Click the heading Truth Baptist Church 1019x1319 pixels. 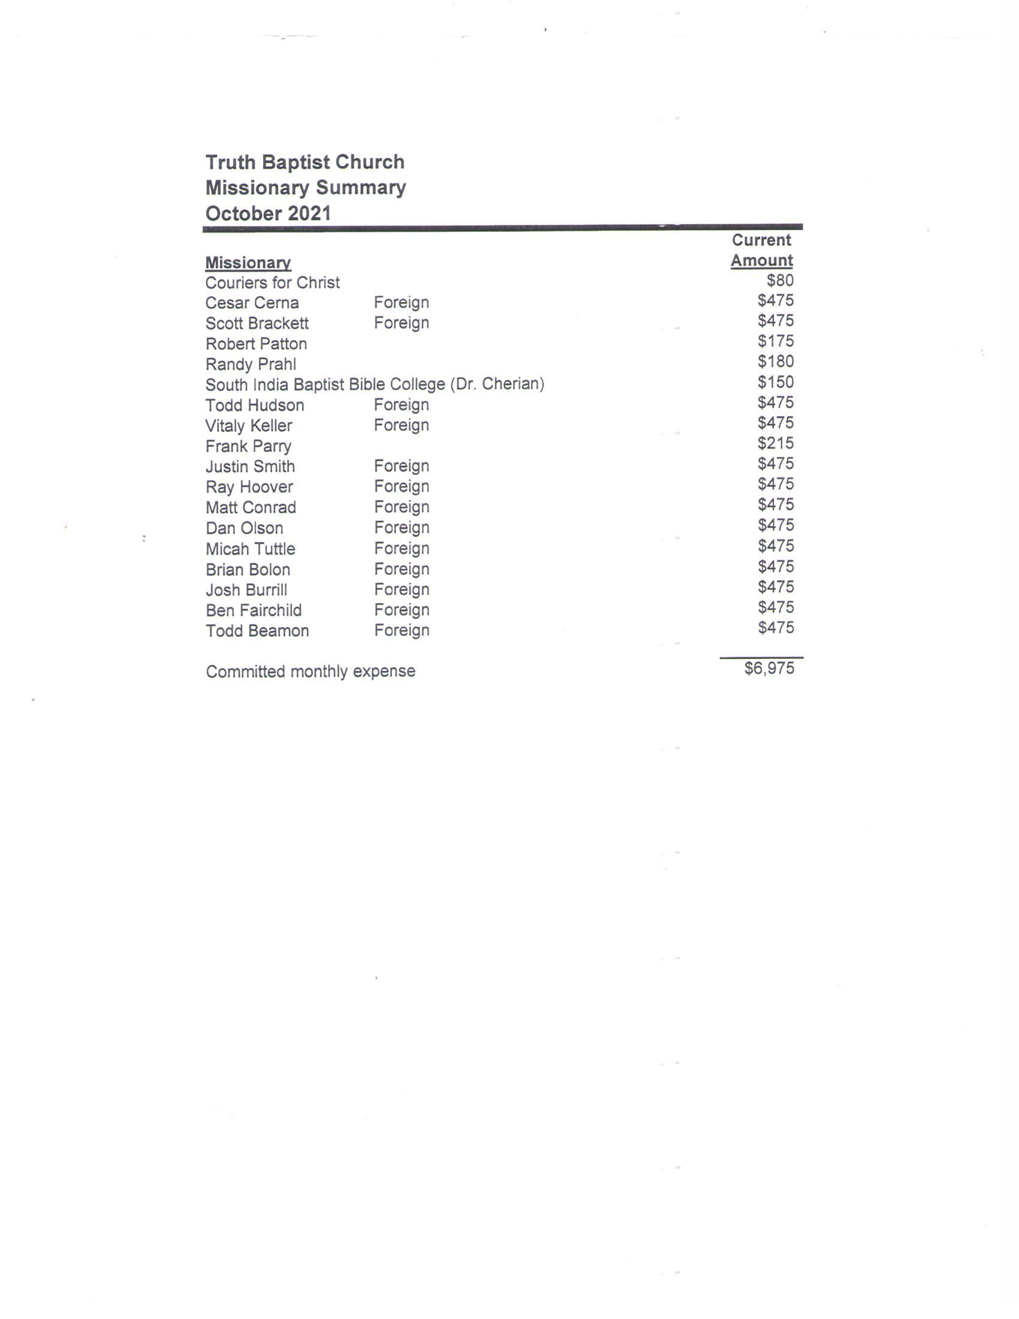pyautogui.click(x=305, y=162)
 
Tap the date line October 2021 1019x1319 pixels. pyautogui.click(x=268, y=213)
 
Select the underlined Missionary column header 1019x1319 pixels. pyautogui.click(x=248, y=263)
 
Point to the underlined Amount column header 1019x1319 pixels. pyautogui.click(x=761, y=260)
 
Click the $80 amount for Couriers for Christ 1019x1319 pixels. pyautogui.click(x=779, y=280)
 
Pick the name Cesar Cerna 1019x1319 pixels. pyautogui.click(x=252, y=303)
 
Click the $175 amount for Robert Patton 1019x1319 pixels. pyautogui.click(x=775, y=341)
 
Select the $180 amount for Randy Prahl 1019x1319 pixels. pyautogui.click(x=775, y=361)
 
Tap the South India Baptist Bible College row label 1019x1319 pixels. pyautogui.click(x=374, y=384)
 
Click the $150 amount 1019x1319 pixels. pyautogui.click(x=775, y=382)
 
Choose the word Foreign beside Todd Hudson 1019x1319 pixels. pyautogui.click(x=402, y=405)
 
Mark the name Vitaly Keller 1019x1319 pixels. pyautogui.click(x=249, y=426)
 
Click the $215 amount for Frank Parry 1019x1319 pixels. pyautogui.click(x=775, y=443)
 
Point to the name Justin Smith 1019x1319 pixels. pyautogui.click(x=250, y=466)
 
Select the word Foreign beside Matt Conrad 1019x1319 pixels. pyautogui.click(x=402, y=507)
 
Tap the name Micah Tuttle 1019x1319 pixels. pyautogui.click(x=250, y=549)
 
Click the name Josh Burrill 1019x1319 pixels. pyautogui.click(x=246, y=589)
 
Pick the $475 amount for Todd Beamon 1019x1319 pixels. pyautogui.click(x=775, y=628)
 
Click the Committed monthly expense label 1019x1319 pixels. pyautogui.click(x=310, y=671)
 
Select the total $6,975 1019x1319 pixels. pyautogui.click(x=768, y=668)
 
